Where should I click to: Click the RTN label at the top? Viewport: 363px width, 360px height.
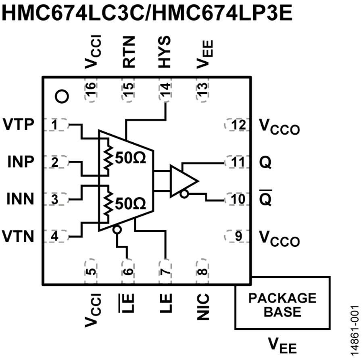[129, 52]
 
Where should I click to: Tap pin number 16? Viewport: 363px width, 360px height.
[92, 90]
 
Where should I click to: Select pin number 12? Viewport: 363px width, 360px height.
[238, 125]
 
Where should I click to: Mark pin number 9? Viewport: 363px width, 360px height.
[238, 235]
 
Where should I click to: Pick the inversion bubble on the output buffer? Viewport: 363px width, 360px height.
[184, 195]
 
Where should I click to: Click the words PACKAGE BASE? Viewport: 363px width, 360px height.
[282, 304]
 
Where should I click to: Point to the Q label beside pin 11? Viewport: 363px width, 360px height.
[266, 162]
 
